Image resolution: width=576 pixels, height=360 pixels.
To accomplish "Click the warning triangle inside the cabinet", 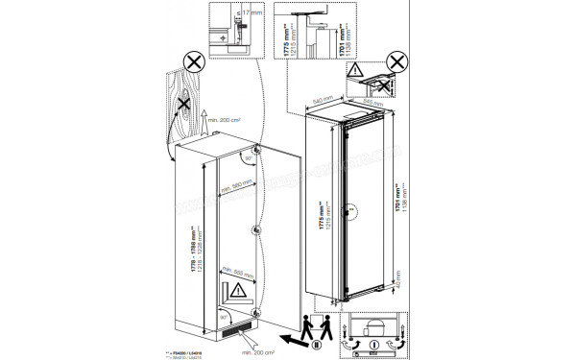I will click(236, 288).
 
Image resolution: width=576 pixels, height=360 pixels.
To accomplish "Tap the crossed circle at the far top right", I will click(387, 86).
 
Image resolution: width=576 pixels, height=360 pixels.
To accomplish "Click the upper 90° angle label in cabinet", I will click(247, 156).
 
